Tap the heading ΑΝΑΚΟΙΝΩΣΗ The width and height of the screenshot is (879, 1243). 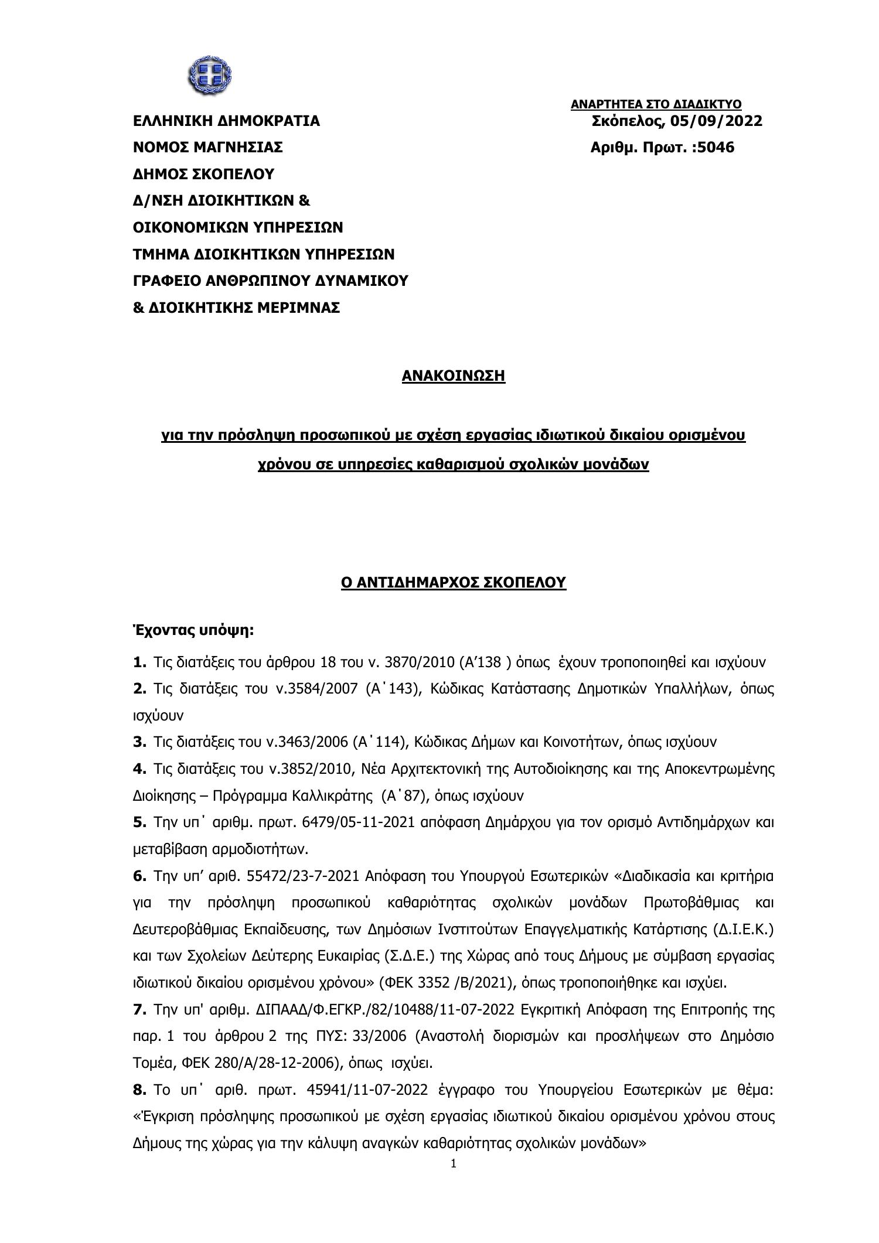[x=453, y=375]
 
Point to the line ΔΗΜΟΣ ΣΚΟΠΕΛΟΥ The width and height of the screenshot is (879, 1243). [x=203, y=174]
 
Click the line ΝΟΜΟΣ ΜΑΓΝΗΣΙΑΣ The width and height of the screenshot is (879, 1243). [x=208, y=148]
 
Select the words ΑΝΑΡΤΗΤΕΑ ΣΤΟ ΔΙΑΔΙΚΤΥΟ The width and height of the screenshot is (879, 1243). [x=656, y=104]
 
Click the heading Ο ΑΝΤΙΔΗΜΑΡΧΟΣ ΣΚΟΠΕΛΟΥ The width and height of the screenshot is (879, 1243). [x=453, y=582]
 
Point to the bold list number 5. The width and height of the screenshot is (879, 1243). [x=139, y=822]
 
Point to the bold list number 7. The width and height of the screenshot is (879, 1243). [x=139, y=1010]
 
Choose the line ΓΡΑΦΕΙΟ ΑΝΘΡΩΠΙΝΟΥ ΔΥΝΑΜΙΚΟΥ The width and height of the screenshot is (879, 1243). [x=271, y=281]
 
